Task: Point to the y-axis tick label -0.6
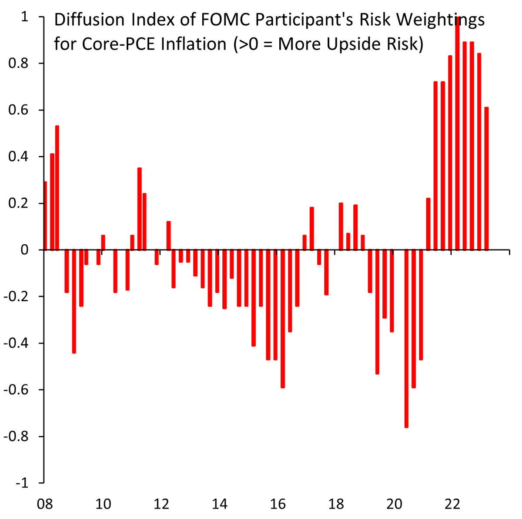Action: (x=16, y=390)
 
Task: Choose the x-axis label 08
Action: (x=45, y=504)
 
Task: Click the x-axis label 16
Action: (x=278, y=504)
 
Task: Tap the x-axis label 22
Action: (x=452, y=504)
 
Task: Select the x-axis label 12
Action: (x=161, y=504)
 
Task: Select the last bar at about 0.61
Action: (x=486, y=179)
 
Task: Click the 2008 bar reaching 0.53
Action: (x=57, y=188)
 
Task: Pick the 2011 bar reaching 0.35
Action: (x=140, y=209)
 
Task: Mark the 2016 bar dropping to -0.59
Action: (x=283, y=318)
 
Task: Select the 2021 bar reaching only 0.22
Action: (x=428, y=224)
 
